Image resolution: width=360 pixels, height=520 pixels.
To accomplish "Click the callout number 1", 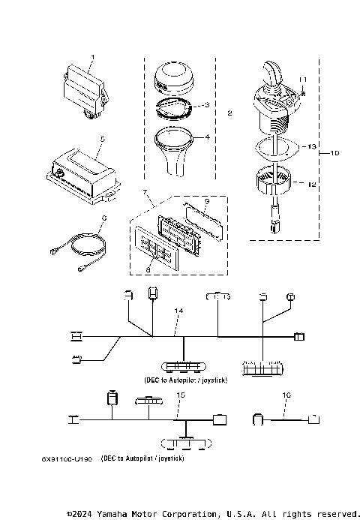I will pyautogui.click(x=93, y=57).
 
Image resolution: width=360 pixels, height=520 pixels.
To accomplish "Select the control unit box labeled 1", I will pyautogui.click(x=83, y=89).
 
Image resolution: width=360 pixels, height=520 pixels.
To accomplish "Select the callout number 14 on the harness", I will pyautogui.click(x=178, y=310).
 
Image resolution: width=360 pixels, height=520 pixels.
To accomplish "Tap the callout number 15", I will pyautogui.click(x=178, y=395).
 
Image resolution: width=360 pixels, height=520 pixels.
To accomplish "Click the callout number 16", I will pyautogui.click(x=286, y=395).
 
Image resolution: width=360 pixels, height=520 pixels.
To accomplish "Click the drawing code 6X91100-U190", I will pyautogui.click(x=67, y=458).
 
